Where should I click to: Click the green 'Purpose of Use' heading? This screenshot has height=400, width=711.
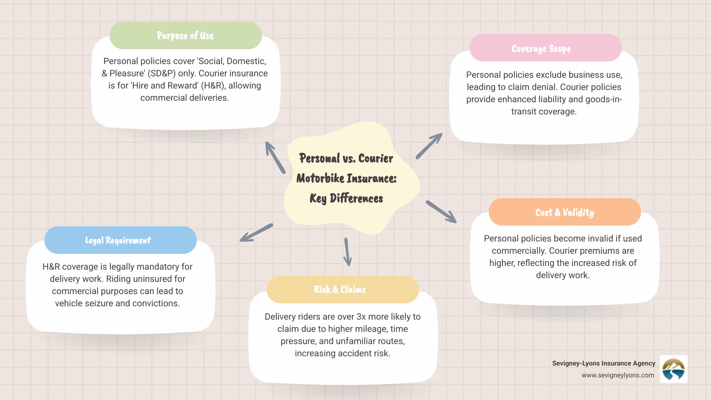[x=185, y=36]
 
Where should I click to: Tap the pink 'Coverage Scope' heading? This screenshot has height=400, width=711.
[x=541, y=49]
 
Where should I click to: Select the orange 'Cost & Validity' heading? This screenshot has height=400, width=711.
[x=564, y=212]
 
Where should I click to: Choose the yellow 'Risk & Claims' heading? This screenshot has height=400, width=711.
[x=340, y=289]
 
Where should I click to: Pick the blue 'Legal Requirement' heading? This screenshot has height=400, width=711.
[x=118, y=240]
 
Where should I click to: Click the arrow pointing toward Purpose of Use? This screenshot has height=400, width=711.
[x=275, y=157]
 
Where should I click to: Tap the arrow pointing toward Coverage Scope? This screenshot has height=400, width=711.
[x=429, y=146]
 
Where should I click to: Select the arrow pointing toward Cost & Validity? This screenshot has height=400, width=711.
[x=441, y=211]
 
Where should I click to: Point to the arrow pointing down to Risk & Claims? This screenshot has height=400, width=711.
[x=347, y=252]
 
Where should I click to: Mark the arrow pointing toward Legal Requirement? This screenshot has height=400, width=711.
[x=256, y=233]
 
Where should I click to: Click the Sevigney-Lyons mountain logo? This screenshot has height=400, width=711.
[x=674, y=369]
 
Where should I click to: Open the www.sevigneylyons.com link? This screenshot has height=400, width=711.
[x=618, y=375]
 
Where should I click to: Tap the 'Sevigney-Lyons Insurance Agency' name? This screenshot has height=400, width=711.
[x=604, y=363]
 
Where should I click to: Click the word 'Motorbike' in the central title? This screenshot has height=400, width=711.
[x=320, y=179]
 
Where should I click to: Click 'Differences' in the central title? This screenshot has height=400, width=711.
[x=356, y=199]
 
